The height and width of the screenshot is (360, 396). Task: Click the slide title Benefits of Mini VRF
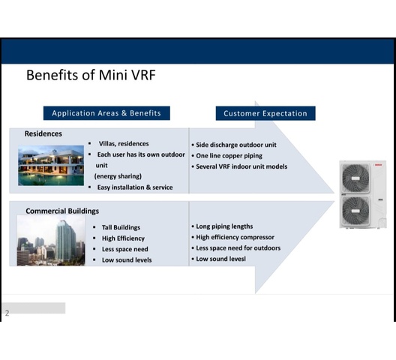pyautogui.click(x=91, y=75)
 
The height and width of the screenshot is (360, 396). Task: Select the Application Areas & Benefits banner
pyautogui.click(x=106, y=113)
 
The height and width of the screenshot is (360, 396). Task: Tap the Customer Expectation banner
pyautogui.click(x=265, y=113)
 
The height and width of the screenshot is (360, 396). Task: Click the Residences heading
pyautogui.click(x=43, y=133)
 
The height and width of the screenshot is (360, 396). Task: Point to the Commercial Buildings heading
pyautogui.click(x=62, y=211)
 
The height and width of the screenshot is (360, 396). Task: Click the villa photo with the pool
pyautogui.click(x=51, y=166)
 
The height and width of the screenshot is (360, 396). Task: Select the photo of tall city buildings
pyautogui.click(x=51, y=240)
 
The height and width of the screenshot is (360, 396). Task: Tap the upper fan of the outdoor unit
pyautogui.click(x=355, y=178)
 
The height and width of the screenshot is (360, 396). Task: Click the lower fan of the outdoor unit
pyautogui.click(x=355, y=211)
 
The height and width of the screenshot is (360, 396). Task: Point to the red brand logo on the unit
pyautogui.click(x=378, y=165)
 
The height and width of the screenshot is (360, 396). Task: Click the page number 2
pyautogui.click(x=7, y=313)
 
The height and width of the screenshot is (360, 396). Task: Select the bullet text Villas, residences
pyautogui.click(x=124, y=144)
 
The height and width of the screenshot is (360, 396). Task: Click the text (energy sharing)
pyautogui.click(x=118, y=176)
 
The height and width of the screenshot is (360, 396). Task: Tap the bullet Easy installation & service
pyautogui.click(x=135, y=187)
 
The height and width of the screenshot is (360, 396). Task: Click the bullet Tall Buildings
pyautogui.click(x=121, y=227)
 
